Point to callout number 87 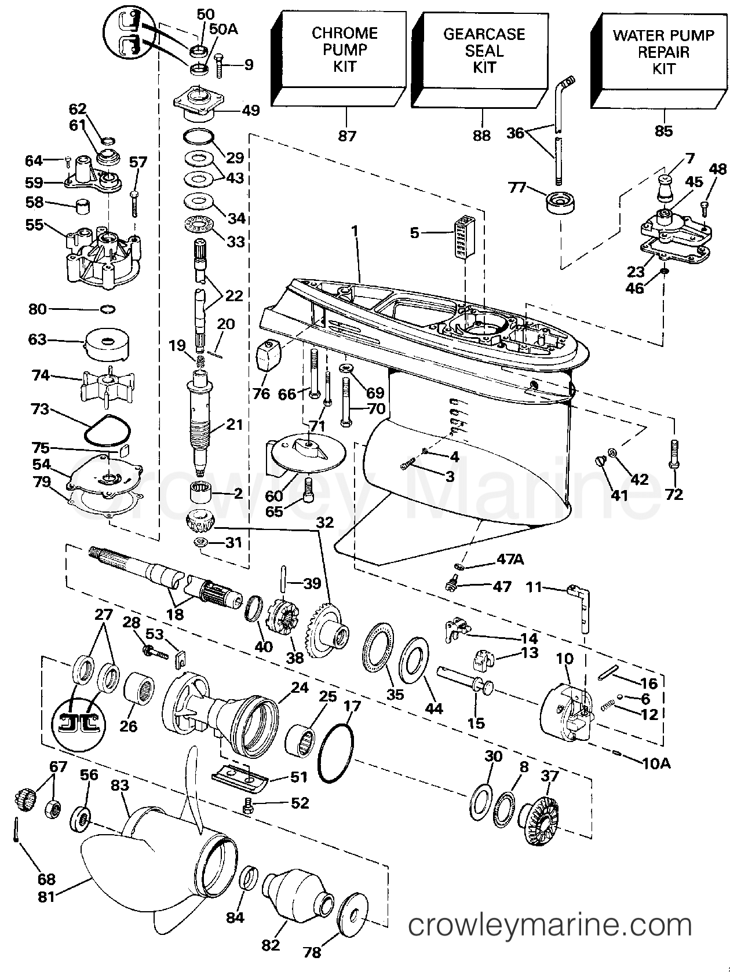347,136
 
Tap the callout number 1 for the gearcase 354,231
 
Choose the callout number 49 250,110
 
